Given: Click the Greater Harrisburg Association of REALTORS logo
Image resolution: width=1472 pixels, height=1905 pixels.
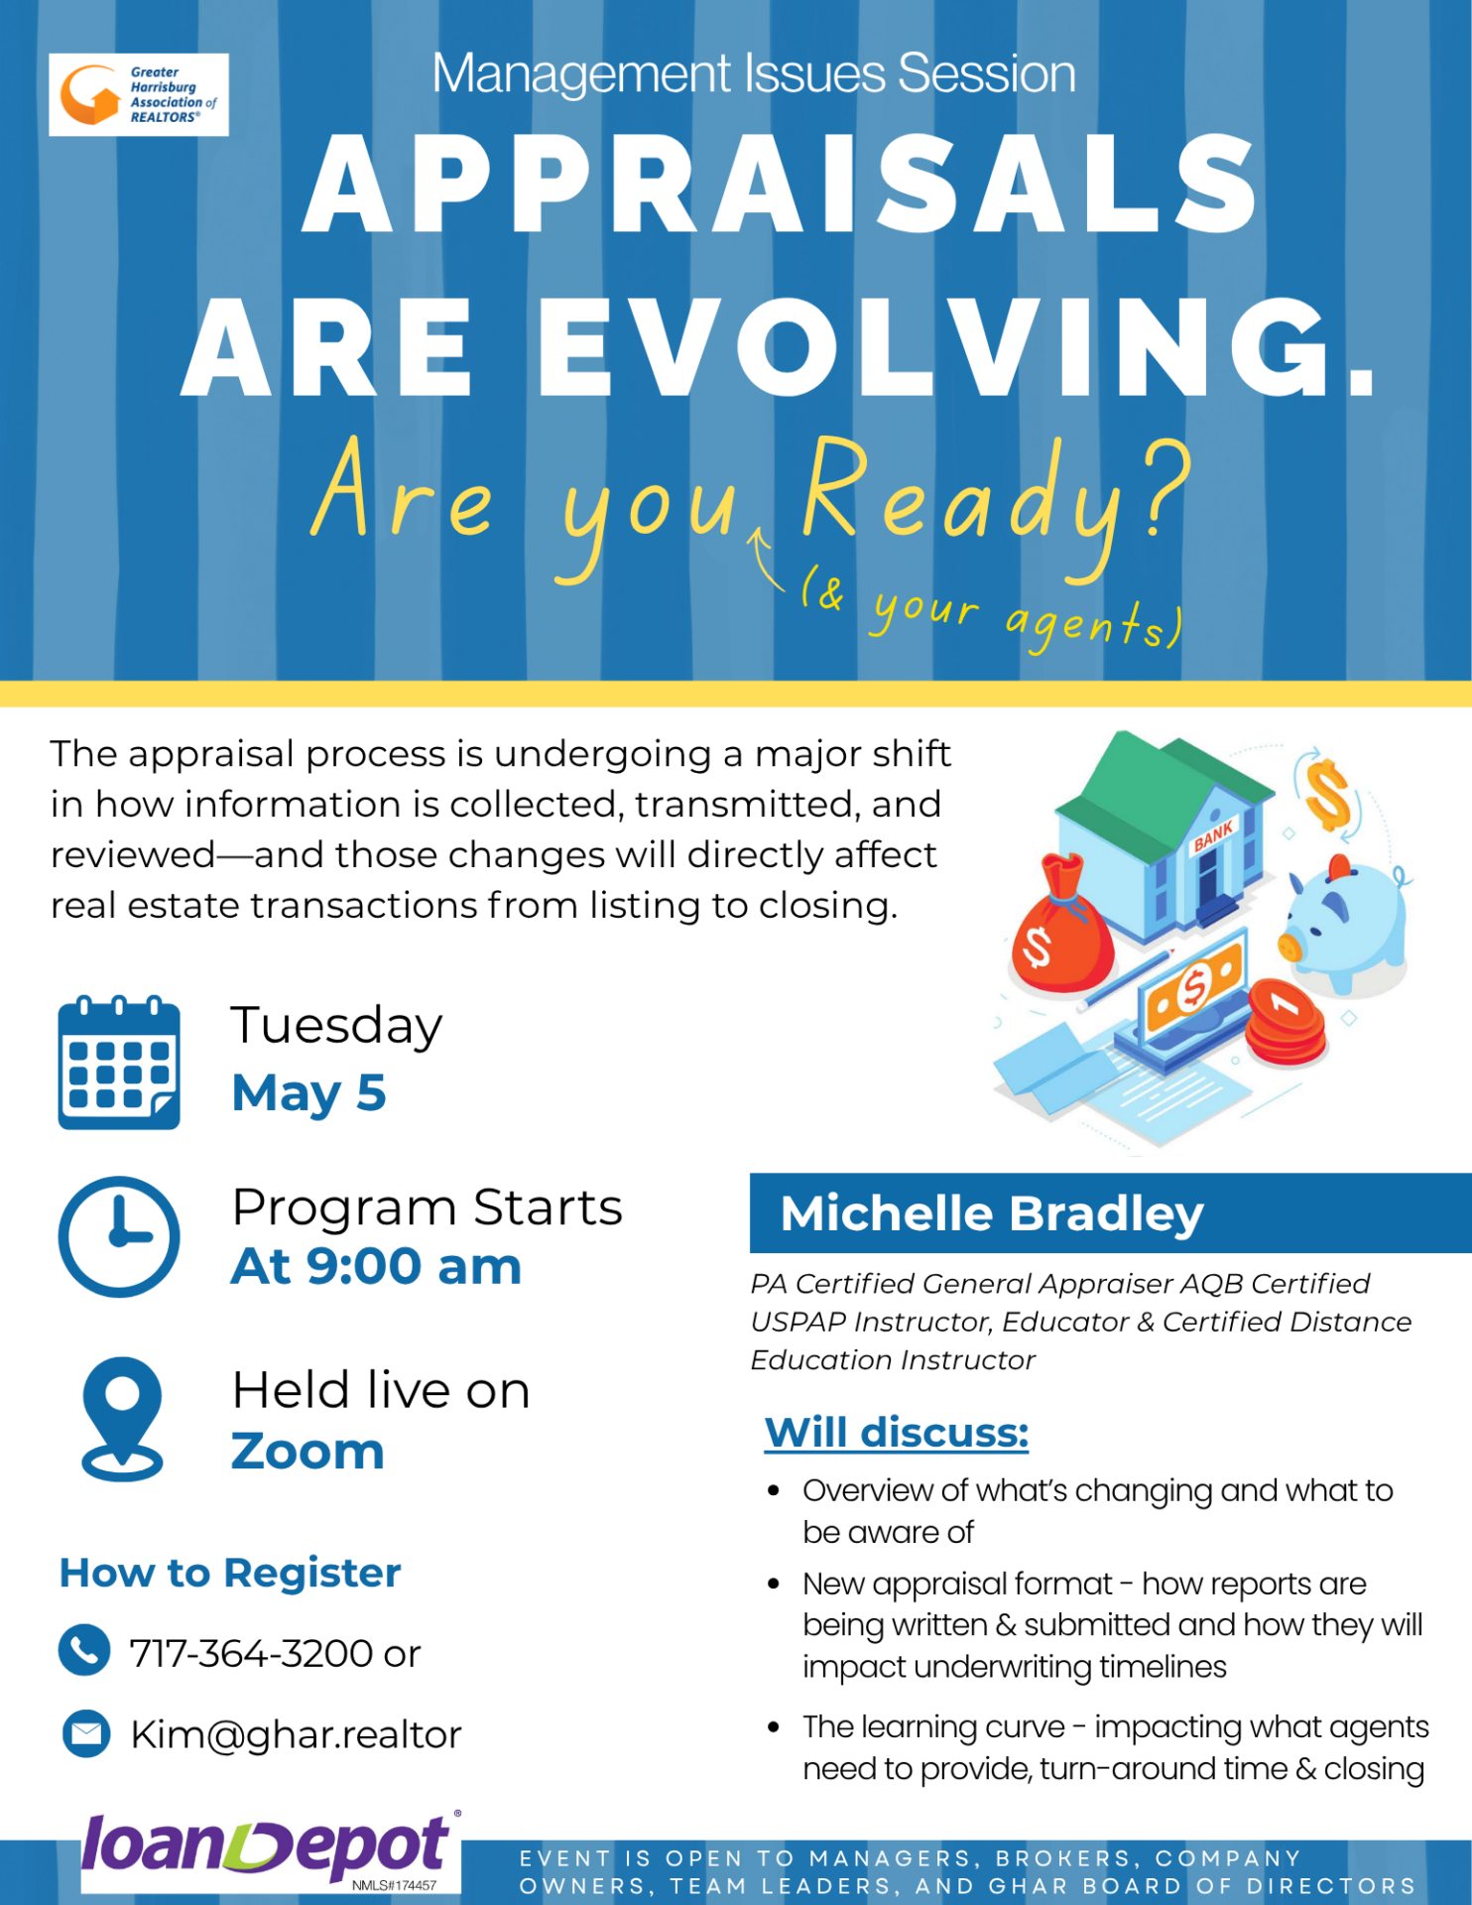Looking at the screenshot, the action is (x=139, y=94).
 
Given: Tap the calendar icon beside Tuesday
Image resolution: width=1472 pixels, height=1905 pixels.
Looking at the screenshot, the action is (x=119, y=1063).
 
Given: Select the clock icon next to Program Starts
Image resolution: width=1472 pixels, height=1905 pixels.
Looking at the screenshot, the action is (x=119, y=1236).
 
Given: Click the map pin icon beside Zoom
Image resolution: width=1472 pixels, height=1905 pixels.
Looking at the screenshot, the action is (x=122, y=1419).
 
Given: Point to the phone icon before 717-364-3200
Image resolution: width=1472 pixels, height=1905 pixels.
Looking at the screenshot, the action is (x=84, y=1650).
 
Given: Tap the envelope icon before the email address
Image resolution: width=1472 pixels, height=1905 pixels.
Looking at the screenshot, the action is (x=86, y=1733).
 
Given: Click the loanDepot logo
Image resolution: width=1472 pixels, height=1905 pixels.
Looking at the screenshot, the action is (x=271, y=1850).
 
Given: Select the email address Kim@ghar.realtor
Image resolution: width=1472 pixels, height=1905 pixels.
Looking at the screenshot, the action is (x=296, y=1734).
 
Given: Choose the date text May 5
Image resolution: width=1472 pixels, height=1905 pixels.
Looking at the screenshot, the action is (x=308, y=1092).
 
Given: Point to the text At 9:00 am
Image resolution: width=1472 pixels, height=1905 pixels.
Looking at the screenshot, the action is (x=376, y=1266).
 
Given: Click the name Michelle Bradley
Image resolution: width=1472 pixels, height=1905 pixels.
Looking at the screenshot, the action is (x=992, y=1213).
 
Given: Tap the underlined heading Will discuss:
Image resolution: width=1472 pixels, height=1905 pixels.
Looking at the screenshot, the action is (x=897, y=1432).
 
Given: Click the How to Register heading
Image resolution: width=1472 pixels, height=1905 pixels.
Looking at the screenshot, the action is (x=230, y=1573).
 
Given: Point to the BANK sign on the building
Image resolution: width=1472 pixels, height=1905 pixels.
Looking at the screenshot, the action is (x=1214, y=835).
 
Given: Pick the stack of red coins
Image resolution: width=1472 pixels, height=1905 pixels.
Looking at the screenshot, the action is (x=1286, y=1022).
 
